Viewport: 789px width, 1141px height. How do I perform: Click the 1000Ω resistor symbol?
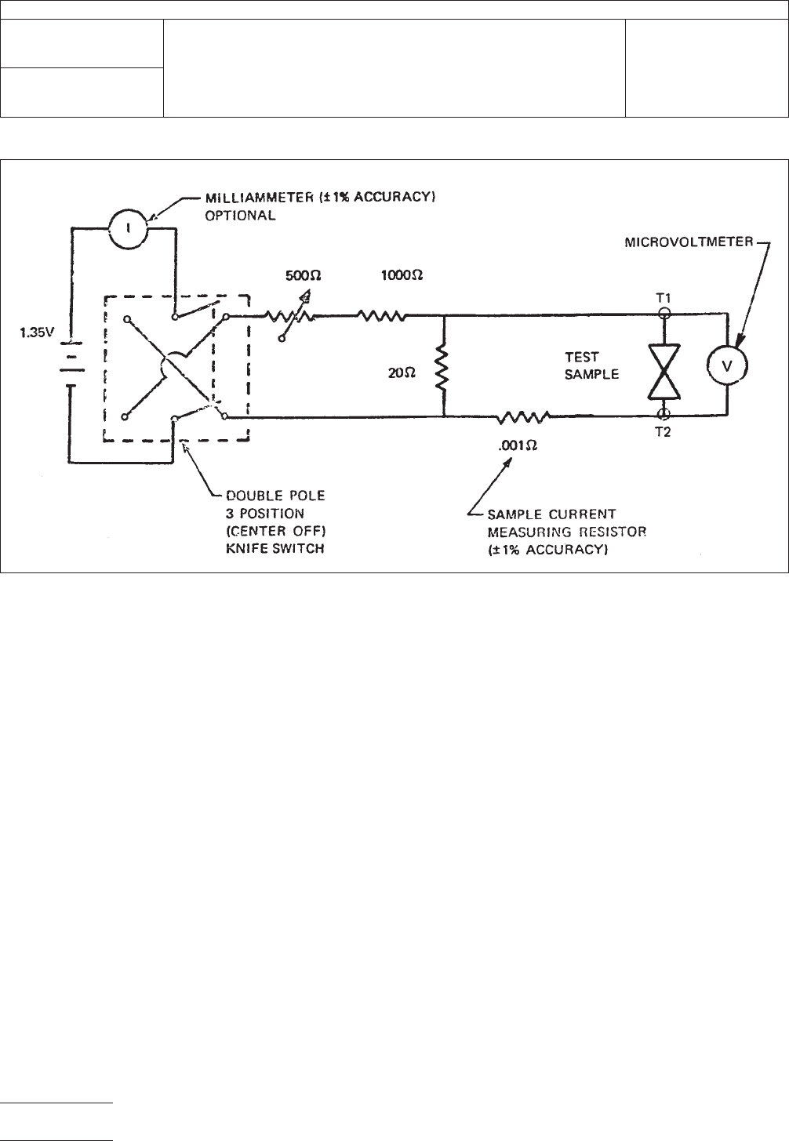(381, 316)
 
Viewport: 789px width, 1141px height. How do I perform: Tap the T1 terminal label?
(663, 298)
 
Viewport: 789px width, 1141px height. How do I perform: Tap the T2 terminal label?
(663, 432)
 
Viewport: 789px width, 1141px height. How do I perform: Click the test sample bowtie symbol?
(664, 365)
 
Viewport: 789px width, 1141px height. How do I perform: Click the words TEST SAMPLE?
(592, 365)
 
